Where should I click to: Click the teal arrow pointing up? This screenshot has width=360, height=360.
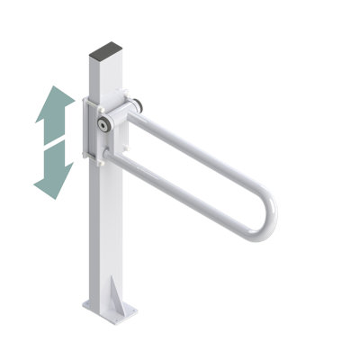55,112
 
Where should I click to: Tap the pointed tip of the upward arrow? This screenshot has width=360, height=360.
57,87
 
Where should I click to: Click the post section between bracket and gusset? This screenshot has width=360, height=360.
103,225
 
